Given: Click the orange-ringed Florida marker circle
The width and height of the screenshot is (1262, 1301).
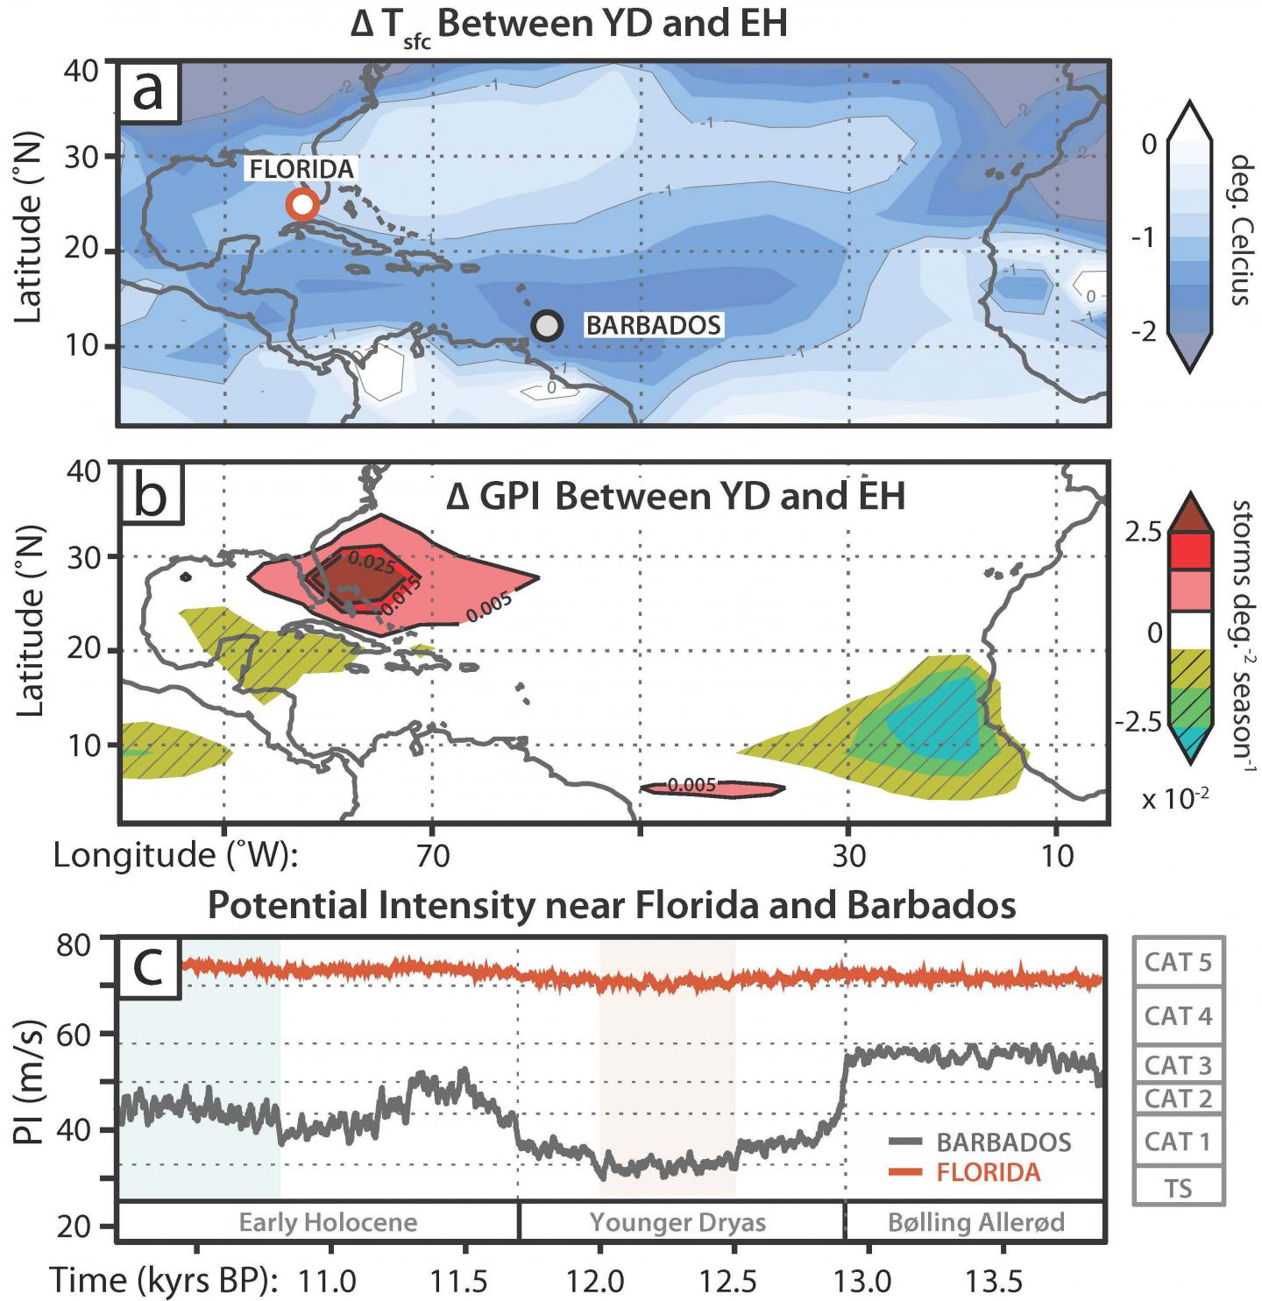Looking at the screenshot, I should (x=302, y=204).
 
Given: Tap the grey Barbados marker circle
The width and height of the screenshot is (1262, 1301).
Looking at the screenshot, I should (x=547, y=325).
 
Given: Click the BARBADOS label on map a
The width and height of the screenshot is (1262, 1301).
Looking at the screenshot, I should (x=653, y=325).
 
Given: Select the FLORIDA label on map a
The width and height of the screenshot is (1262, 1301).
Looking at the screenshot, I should (x=301, y=169).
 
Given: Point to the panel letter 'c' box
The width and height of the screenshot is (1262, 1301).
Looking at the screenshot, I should (x=151, y=968).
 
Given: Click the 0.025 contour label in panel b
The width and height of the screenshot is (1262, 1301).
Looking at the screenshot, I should (x=372, y=563).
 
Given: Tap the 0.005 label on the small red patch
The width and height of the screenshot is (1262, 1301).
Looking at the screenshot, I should (x=691, y=785).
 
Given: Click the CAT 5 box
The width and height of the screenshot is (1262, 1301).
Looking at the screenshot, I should (x=1178, y=962).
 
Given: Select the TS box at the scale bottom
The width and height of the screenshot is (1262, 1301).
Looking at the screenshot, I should (x=1178, y=1188).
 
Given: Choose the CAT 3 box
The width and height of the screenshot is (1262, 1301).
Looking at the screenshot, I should (x=1178, y=1065).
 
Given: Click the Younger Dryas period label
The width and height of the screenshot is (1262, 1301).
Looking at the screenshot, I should (x=677, y=1222).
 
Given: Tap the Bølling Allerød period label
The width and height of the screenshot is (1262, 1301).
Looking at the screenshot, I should (x=975, y=1222).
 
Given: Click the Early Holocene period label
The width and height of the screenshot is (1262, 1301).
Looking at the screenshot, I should (x=328, y=1222).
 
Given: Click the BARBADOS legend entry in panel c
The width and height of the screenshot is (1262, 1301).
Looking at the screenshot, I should (x=1003, y=1142).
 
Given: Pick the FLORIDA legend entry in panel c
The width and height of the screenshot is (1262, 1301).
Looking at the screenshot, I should (x=988, y=1172).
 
